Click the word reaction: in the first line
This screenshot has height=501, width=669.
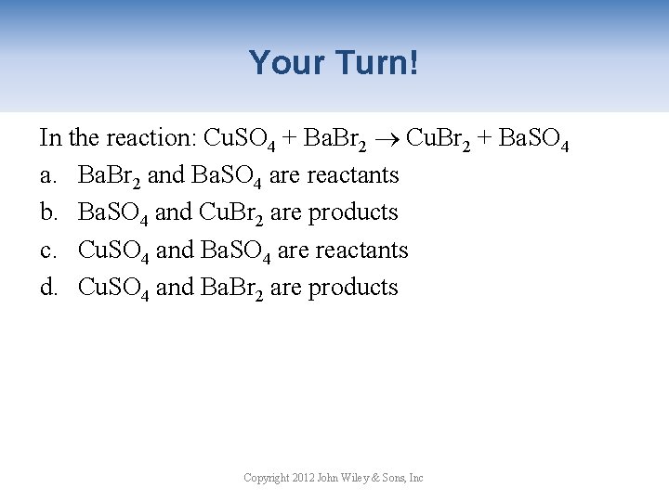click(150, 138)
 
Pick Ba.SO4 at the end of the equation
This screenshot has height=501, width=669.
click(533, 140)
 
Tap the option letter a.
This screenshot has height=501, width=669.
click(47, 175)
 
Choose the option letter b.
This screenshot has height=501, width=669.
click(48, 212)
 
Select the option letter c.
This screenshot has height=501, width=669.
click(47, 250)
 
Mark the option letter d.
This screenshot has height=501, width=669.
click(48, 288)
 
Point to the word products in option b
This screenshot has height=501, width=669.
click(353, 212)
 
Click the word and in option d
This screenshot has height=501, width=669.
click(175, 288)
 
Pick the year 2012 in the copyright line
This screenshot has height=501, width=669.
click(303, 478)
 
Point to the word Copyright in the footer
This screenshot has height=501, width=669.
click(265, 478)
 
